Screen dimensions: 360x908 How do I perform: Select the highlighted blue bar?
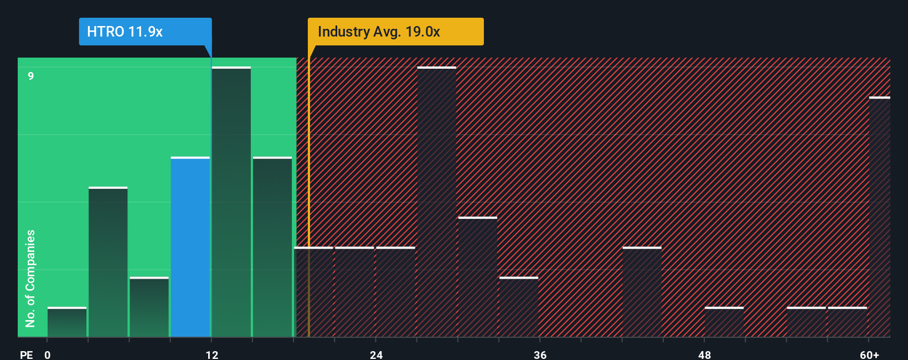coord(190,247)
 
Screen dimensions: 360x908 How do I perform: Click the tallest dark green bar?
coord(231,202)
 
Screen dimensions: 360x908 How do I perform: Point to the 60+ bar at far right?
coord(879,217)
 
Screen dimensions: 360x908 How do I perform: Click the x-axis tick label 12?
coord(212,354)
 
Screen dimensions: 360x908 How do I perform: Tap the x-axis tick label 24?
coord(376,354)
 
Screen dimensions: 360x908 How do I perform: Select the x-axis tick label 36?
coord(540,354)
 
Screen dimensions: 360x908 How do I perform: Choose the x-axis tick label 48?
coord(704,354)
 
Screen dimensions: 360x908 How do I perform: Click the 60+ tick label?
coord(869,354)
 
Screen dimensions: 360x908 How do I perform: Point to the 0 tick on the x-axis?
coord(48,354)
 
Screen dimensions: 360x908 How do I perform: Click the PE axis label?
coord(27,354)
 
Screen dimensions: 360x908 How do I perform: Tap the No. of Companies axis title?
coord(30,278)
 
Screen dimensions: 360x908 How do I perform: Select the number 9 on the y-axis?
coord(31,76)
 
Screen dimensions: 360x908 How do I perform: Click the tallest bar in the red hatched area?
coord(437,202)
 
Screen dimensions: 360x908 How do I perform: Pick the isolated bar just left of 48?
coord(642,292)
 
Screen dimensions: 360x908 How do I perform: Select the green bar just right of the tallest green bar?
coord(272,247)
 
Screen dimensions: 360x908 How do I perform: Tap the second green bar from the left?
coord(108,262)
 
